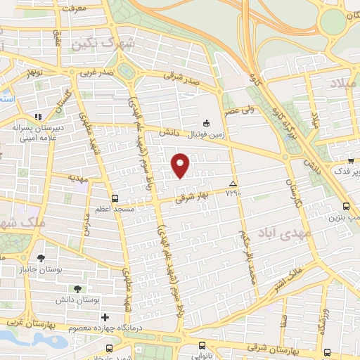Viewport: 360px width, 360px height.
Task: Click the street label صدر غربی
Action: pyautogui.click(x=95, y=72)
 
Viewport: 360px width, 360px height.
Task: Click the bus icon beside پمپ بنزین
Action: pyautogui.click(x=346, y=206)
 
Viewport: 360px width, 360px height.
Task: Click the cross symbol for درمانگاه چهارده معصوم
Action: pyautogui.click(x=105, y=317)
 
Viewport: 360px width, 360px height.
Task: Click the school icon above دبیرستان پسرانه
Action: pyautogui.click(x=39, y=117)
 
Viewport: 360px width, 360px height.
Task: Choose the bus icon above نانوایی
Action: pyautogui.click(x=202, y=345)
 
